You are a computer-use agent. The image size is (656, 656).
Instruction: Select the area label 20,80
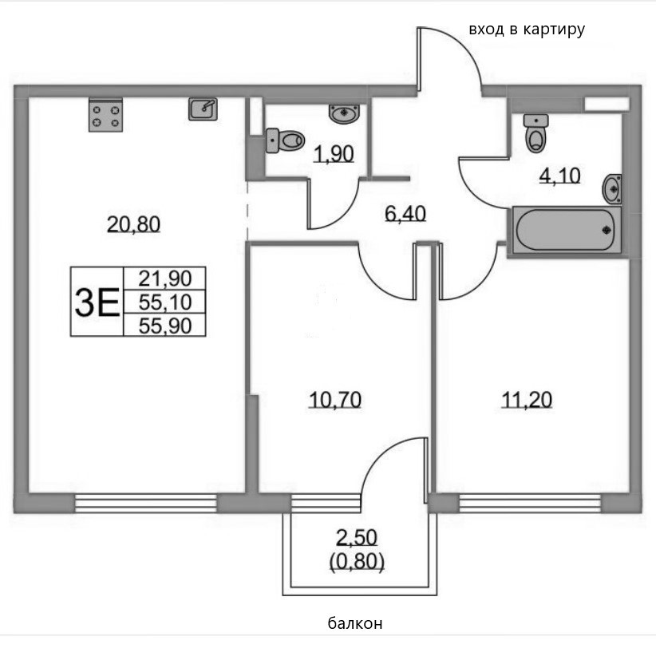[x=134, y=225]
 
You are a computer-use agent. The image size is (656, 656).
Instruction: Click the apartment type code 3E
[x=96, y=302]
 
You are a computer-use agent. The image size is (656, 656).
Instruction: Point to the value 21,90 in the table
[x=165, y=279]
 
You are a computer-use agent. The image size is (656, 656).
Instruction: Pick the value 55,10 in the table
[x=165, y=302]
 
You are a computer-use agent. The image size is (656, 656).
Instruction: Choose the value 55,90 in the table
[x=165, y=324]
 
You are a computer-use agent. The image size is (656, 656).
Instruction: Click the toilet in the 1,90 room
[x=285, y=140]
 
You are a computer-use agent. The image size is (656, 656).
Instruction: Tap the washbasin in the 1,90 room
[x=344, y=113]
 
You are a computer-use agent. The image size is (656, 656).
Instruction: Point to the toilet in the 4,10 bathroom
[x=535, y=132]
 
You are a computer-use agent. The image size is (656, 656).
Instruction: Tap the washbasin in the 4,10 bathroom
[x=613, y=188]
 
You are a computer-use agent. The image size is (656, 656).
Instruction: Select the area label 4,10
[x=559, y=176]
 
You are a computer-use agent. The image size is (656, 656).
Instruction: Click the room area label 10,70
[x=335, y=399]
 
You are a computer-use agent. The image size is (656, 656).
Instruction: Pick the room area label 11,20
[x=527, y=399]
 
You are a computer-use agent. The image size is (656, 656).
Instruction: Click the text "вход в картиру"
[x=527, y=30]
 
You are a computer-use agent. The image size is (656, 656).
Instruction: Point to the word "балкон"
[x=355, y=623]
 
